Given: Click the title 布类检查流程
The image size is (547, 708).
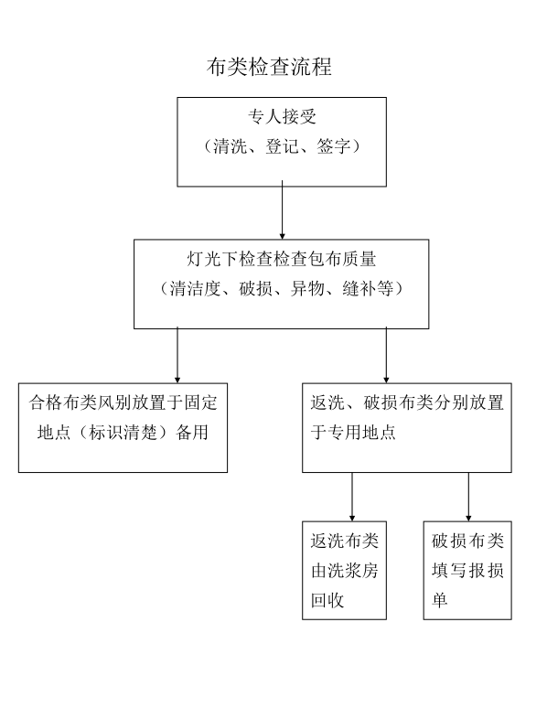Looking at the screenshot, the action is [x=269, y=67].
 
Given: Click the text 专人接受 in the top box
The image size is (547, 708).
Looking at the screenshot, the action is [x=282, y=116].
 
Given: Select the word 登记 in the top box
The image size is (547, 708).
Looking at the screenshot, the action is [x=283, y=145].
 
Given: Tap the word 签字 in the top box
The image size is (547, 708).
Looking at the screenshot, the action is [x=334, y=145].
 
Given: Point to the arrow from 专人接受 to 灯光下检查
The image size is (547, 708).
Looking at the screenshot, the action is [x=283, y=210].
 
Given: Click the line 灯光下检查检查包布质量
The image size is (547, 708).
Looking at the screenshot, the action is [x=282, y=259].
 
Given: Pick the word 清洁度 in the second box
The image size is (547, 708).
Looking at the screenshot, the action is [x=195, y=288].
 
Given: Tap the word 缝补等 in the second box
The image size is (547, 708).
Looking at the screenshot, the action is [x=368, y=288].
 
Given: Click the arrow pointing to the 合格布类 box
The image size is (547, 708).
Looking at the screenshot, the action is [x=177, y=355].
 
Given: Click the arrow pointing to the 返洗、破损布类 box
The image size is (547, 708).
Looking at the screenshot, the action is [x=386, y=355].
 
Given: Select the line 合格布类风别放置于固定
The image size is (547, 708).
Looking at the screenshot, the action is [x=123, y=402].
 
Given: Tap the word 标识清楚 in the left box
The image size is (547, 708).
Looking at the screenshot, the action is [x=123, y=432].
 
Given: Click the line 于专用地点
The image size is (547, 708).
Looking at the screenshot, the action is [x=353, y=432].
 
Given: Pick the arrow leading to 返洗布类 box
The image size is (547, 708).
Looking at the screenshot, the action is [x=352, y=497].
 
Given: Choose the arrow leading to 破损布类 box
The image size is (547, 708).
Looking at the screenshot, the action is [x=468, y=497].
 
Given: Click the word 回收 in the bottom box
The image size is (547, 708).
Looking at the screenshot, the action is [x=327, y=600].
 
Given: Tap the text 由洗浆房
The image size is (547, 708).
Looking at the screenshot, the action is [x=345, y=571].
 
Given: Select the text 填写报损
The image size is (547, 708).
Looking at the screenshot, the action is [x=467, y=571].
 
